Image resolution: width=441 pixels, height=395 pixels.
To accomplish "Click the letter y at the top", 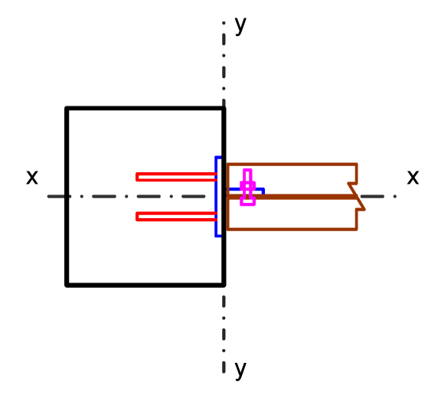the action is click(240, 25).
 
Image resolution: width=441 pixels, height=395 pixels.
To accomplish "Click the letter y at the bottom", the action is click(240, 370).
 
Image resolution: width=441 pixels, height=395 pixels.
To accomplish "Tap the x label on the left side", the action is click(32, 178).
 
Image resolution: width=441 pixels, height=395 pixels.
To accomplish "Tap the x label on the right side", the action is click(413, 178).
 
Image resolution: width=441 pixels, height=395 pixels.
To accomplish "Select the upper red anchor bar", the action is click(176, 177).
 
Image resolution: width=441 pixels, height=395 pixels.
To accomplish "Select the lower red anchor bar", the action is click(176, 217).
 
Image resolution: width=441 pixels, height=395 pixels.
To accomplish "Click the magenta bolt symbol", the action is click(247, 188).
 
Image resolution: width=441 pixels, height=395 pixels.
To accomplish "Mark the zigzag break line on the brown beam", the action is click(357, 197).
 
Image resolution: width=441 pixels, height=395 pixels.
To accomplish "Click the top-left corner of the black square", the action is click(67, 108).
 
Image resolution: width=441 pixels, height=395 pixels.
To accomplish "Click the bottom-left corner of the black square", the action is click(67, 286).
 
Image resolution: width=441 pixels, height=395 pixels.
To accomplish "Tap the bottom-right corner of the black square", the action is click(224, 286).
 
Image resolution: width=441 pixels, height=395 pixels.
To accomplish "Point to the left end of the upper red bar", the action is click(137, 177).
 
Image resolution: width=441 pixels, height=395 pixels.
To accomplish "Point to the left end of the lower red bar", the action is click(137, 217).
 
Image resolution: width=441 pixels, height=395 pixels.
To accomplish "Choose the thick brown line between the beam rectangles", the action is click(292, 197).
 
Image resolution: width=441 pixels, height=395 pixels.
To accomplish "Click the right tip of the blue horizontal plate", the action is click(263, 191).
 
